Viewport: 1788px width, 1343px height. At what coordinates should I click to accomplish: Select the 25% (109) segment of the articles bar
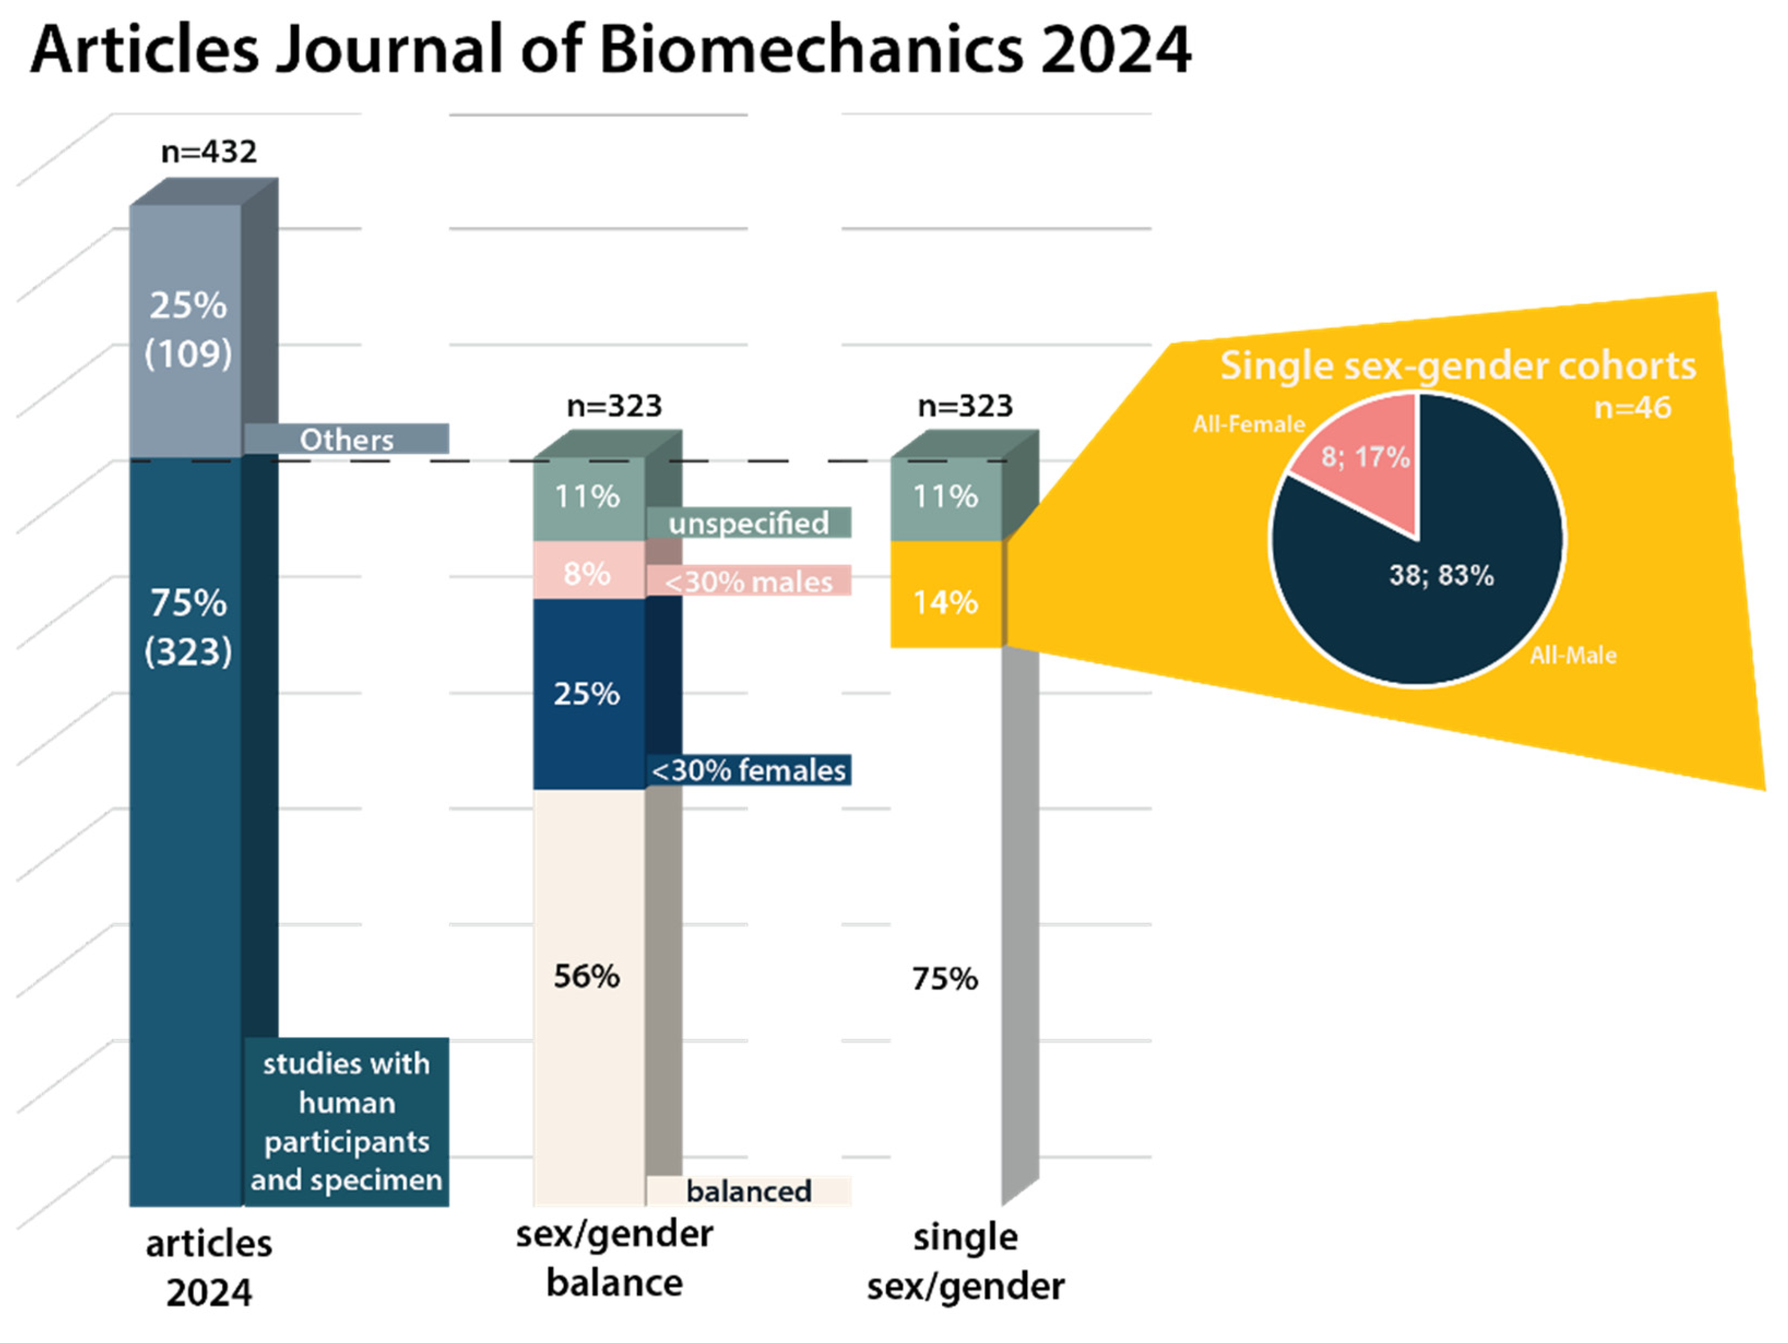186,332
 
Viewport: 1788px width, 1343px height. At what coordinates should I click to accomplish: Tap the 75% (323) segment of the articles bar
186,833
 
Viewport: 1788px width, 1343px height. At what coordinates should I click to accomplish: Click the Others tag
347,439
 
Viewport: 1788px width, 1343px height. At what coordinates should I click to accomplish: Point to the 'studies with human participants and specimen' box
347,1122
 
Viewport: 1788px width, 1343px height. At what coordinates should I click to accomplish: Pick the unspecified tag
749,523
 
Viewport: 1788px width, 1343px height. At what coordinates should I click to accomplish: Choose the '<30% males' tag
749,581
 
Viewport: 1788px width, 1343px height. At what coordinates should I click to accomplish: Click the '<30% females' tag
749,770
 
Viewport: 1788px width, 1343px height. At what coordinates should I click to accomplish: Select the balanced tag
749,1191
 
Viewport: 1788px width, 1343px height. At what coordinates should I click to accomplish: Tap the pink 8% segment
588,570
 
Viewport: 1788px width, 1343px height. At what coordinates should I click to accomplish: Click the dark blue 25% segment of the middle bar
588,694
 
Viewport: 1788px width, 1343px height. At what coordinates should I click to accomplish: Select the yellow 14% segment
947,595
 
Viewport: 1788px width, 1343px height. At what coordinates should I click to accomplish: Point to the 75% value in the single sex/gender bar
945,979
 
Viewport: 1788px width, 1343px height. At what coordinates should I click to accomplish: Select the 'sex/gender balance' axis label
615,1259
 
